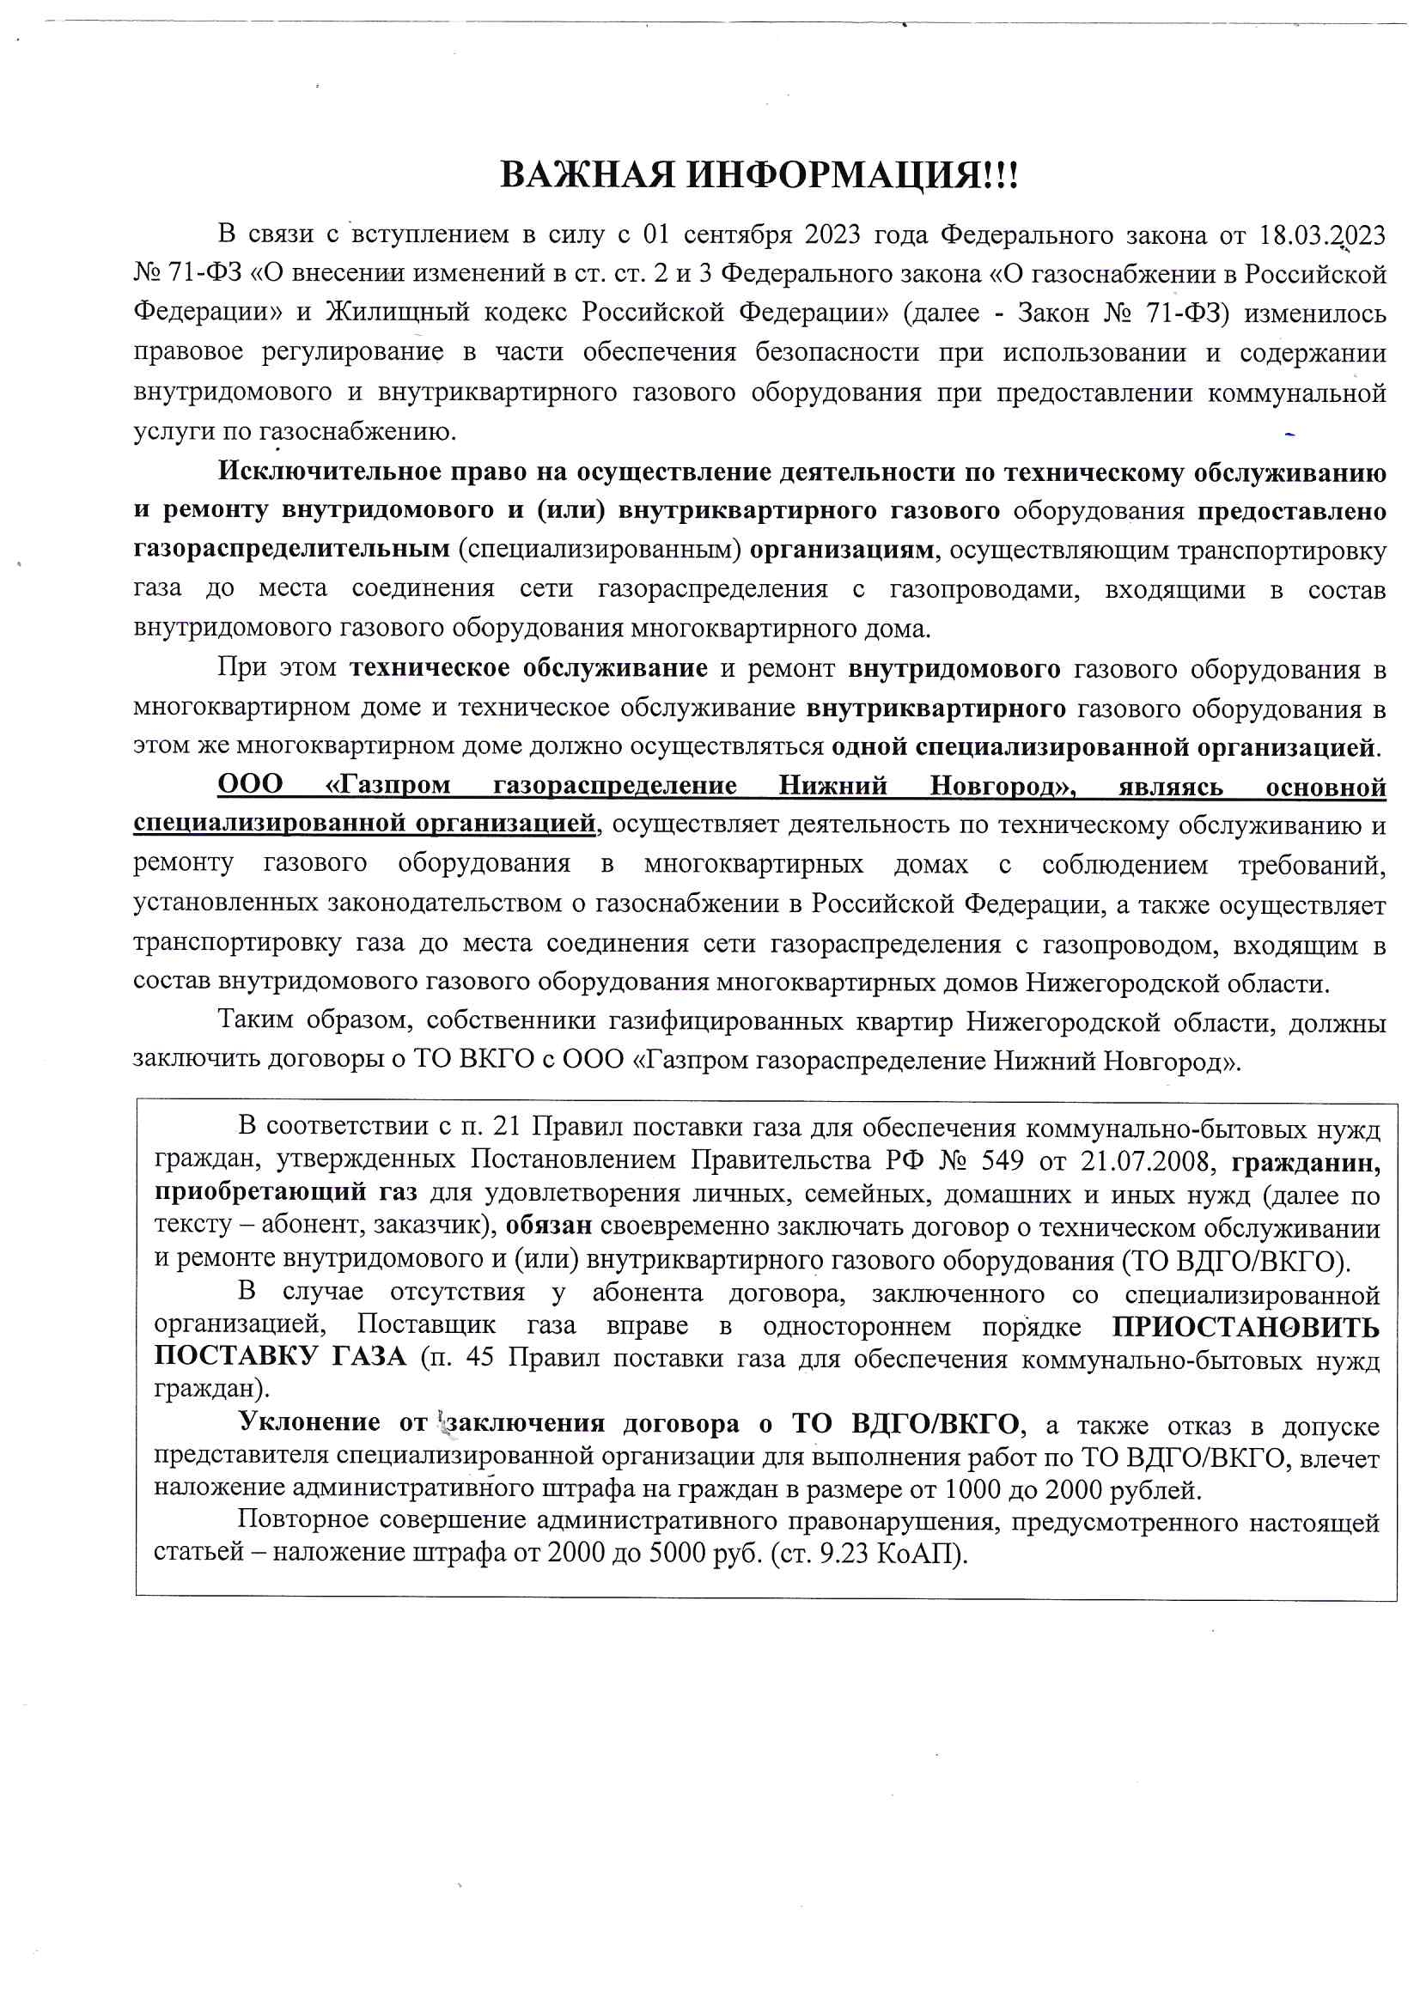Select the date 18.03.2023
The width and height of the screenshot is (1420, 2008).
(1322, 235)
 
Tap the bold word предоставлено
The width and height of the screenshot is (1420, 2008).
(1291, 511)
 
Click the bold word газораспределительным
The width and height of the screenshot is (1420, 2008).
(290, 551)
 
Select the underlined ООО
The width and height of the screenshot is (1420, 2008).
(249, 785)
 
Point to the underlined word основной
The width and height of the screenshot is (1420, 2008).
(1325, 787)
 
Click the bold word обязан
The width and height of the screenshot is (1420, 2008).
(549, 1226)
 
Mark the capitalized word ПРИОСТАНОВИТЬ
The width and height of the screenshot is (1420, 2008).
(1245, 1327)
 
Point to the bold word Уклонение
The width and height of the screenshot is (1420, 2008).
(309, 1424)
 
